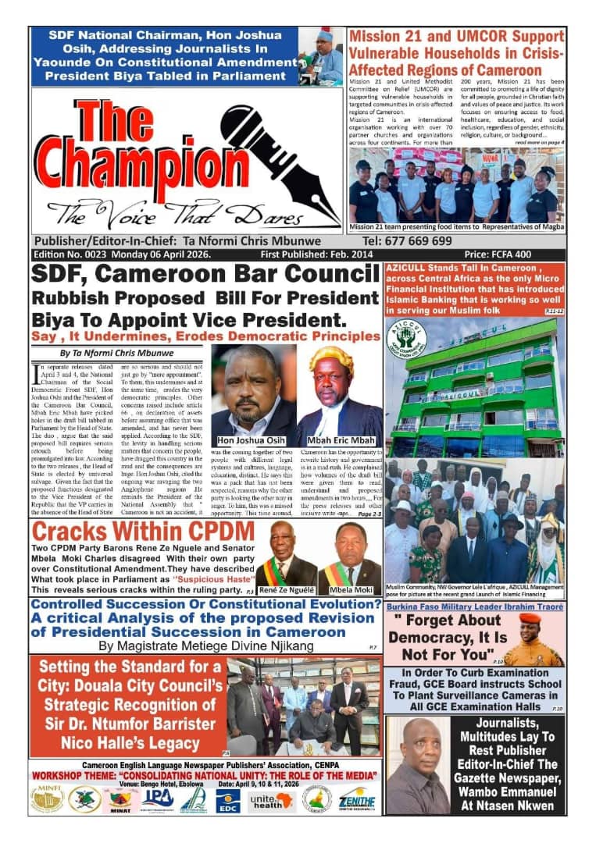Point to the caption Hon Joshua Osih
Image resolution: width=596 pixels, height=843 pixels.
tap(253, 439)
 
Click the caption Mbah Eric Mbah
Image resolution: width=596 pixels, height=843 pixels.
tap(340, 439)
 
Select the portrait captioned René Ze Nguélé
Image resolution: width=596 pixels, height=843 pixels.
tap(285, 554)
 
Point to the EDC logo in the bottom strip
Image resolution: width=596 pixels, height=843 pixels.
tap(228, 799)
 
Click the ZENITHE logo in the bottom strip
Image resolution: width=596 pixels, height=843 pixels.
tap(357, 799)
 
